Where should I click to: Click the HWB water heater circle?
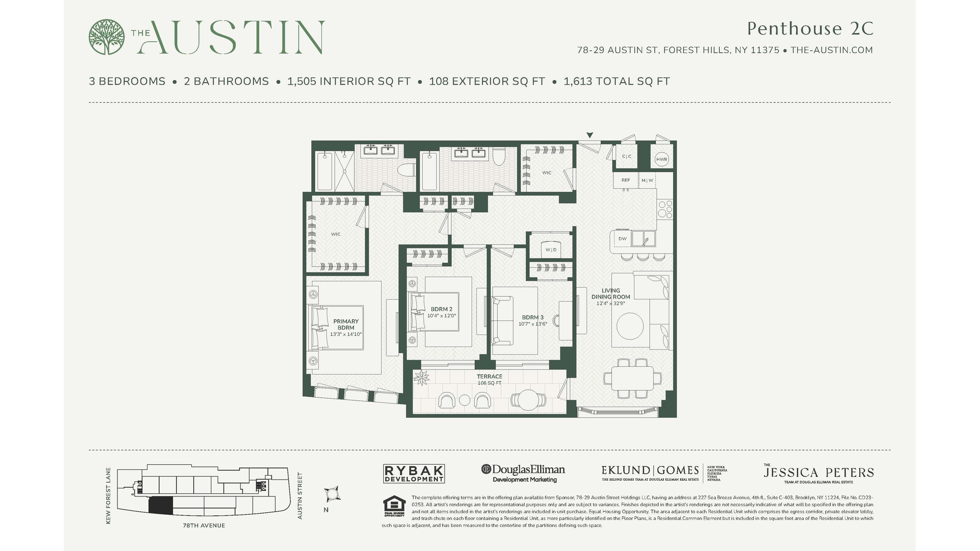click(x=661, y=159)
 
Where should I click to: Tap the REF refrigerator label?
click(x=625, y=180)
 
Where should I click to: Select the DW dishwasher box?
click(x=622, y=239)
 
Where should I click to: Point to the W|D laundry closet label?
click(x=551, y=249)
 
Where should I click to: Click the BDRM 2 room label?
click(x=441, y=309)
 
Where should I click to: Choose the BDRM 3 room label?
click(x=532, y=317)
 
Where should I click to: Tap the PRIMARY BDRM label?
click(x=346, y=324)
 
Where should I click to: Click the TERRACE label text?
click(x=489, y=377)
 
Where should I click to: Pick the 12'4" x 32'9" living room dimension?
click(x=610, y=304)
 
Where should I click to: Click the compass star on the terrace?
click(x=422, y=378)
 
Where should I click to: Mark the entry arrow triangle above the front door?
click(x=590, y=136)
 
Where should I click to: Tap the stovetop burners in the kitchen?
click(x=665, y=209)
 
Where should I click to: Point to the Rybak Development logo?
click(x=414, y=473)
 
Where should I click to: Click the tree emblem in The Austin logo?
click(x=106, y=37)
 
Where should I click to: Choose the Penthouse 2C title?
click(x=810, y=29)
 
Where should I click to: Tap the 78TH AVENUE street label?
click(x=204, y=525)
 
